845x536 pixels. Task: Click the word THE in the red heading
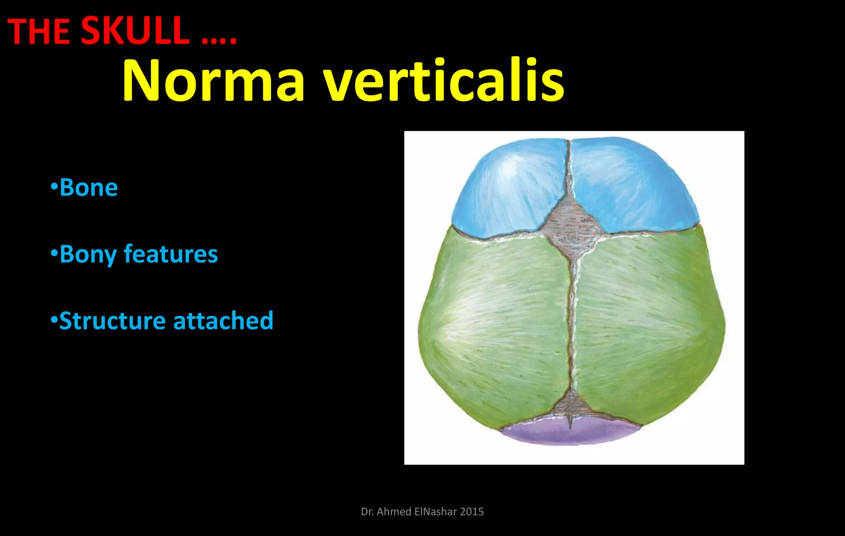pos(39,32)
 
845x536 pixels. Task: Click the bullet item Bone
pos(88,188)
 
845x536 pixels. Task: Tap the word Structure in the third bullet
pos(112,321)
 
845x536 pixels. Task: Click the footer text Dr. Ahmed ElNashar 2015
pos(422,512)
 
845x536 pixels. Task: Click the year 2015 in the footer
pos(472,512)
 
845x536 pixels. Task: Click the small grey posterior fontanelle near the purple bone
pos(571,407)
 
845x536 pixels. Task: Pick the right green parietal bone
pos(648,326)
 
